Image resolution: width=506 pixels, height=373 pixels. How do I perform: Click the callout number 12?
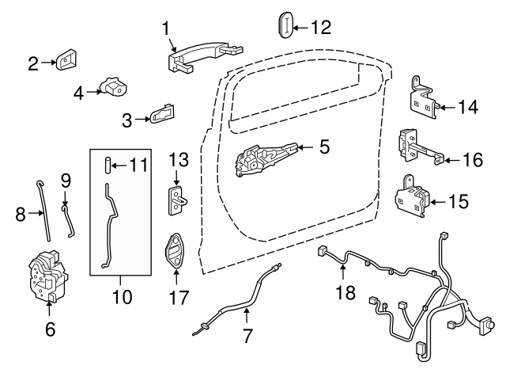[320, 28]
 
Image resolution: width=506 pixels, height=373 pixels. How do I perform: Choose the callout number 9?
[66, 181]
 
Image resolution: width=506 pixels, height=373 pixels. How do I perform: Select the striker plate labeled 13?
[177, 200]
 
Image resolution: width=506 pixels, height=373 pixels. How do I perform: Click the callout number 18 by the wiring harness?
[344, 294]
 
